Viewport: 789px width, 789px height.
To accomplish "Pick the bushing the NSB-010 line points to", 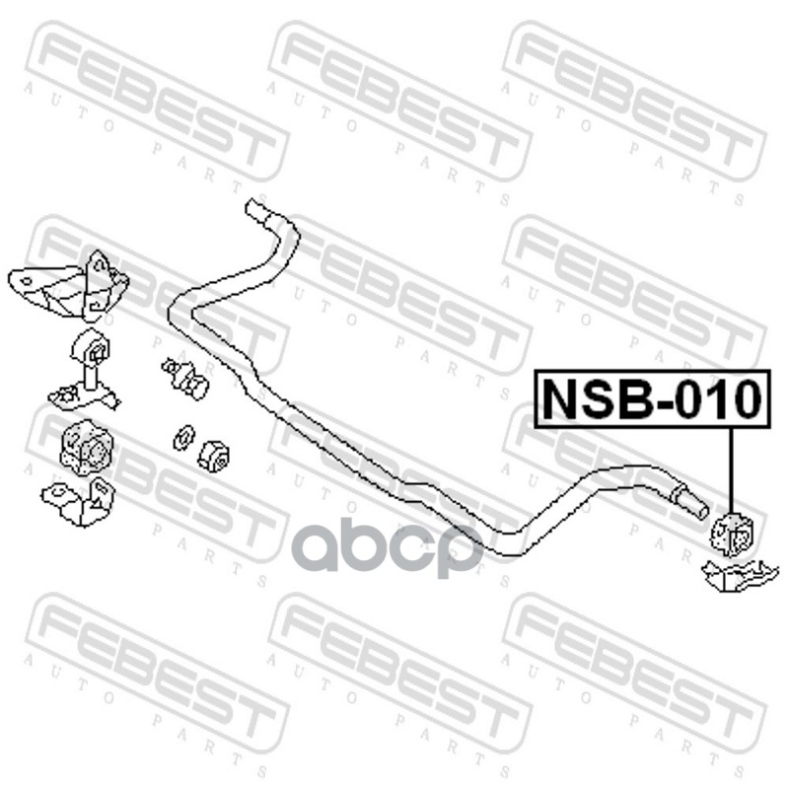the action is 732,534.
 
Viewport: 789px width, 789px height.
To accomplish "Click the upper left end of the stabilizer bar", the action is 257,210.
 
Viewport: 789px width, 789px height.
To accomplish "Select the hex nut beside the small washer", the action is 214,456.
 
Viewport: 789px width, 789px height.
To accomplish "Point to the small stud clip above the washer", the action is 184,378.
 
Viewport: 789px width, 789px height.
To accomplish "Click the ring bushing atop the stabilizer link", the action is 90,349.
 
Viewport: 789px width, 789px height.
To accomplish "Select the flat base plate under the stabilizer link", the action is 83,397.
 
